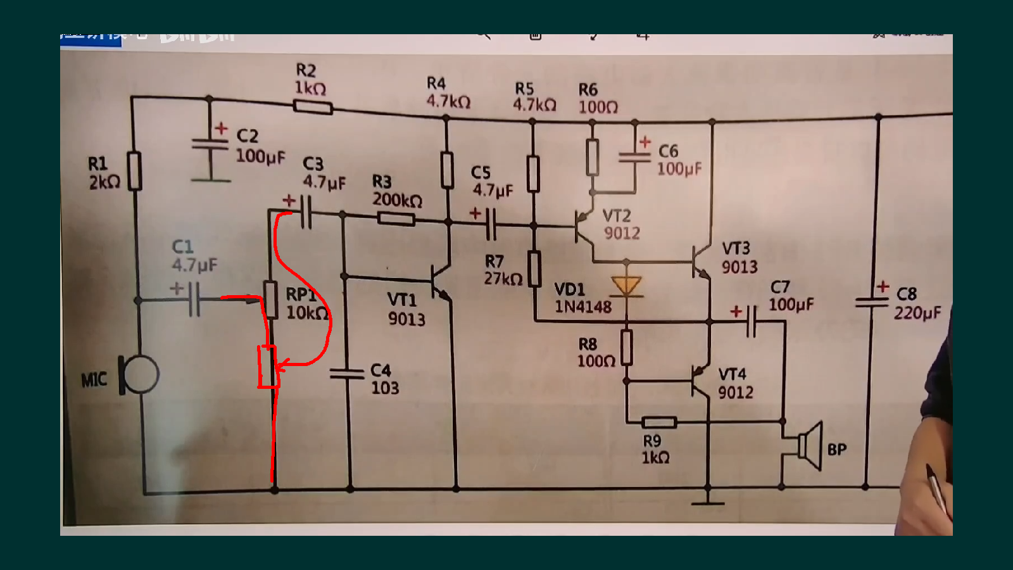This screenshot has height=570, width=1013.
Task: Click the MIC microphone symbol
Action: (x=139, y=374)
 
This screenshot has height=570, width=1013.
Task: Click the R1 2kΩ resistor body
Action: (x=134, y=171)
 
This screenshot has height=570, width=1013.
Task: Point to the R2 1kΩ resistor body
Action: (x=313, y=107)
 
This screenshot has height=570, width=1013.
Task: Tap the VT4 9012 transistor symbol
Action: (x=700, y=381)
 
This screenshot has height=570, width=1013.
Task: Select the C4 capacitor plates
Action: (x=346, y=374)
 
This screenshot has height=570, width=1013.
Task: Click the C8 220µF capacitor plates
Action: (x=872, y=302)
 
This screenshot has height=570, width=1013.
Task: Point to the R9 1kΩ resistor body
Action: (x=659, y=422)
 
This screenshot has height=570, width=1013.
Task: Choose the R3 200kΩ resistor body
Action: (x=396, y=219)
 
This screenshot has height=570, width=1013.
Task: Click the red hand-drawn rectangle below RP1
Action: (x=267, y=367)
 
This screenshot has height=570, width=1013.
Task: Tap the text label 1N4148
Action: (x=583, y=307)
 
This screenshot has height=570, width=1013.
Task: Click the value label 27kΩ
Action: (x=503, y=279)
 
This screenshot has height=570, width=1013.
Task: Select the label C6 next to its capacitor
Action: (x=668, y=151)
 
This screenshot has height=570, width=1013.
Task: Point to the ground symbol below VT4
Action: (x=708, y=502)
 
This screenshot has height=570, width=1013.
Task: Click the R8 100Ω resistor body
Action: (x=626, y=347)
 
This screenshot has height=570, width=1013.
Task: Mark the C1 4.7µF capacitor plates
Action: (x=194, y=299)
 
